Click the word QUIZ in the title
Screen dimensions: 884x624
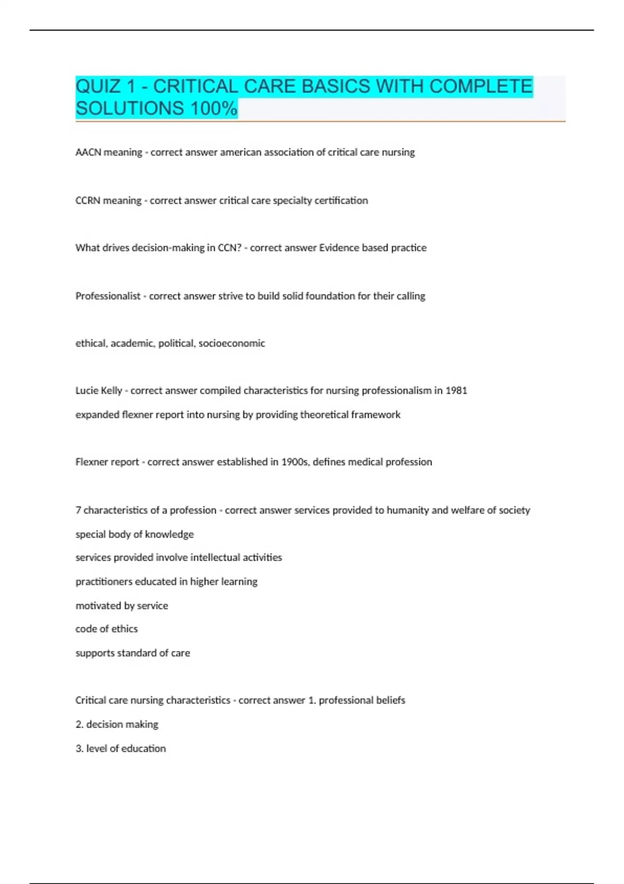pos(98,86)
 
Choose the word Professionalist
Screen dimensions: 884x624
pos(108,296)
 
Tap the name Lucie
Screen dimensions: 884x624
pos(86,391)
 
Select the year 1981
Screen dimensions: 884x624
pos(456,391)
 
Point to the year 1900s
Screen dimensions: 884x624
pos(294,462)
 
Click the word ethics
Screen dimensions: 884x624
pos(125,629)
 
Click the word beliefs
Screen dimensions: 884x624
pos(391,700)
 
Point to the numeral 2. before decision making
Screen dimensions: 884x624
pos(79,724)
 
